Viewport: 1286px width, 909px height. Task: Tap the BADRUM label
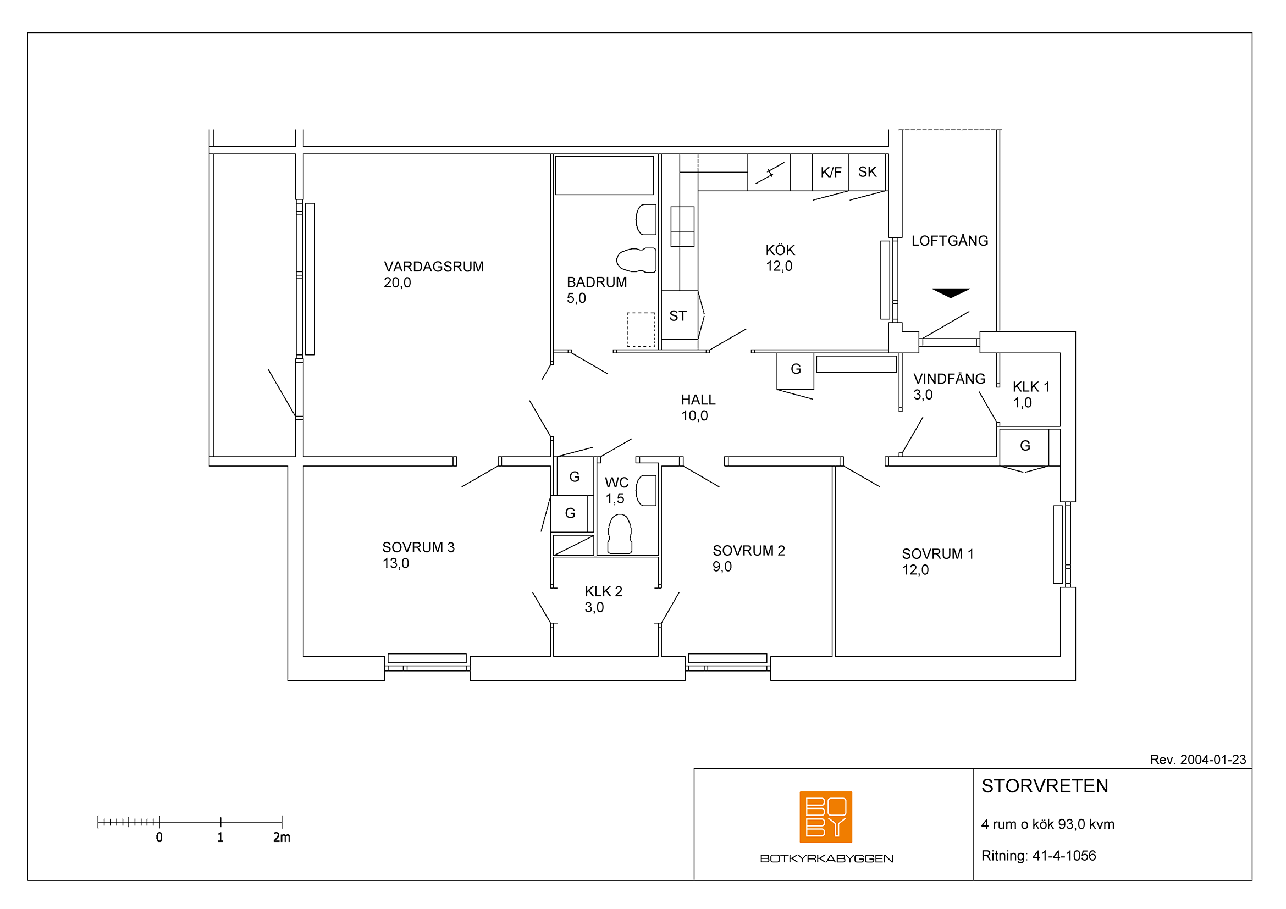pos(597,282)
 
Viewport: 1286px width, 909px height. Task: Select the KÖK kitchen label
pos(780,250)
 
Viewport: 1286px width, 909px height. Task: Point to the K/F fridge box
pos(831,173)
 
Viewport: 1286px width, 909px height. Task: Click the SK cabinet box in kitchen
pos(867,173)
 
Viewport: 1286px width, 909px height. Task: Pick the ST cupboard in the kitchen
pos(680,315)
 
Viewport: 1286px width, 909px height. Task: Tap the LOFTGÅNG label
pos(950,241)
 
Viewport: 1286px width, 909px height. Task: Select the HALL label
pos(698,400)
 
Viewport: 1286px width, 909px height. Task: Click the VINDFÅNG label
pos(949,379)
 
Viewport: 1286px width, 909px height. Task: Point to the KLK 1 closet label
pos(1030,387)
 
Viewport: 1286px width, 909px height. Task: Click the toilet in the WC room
pos(620,534)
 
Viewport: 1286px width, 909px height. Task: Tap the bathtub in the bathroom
pos(604,175)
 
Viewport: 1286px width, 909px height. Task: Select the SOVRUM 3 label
pos(418,547)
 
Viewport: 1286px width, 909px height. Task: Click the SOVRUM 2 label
pos(748,551)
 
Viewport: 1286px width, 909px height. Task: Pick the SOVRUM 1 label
pos(937,554)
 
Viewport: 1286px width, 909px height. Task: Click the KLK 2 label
pos(603,592)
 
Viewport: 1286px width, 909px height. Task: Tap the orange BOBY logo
pos(826,817)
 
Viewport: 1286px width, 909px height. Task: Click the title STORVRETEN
pos(1045,786)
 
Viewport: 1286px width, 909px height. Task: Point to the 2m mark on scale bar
pos(282,822)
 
